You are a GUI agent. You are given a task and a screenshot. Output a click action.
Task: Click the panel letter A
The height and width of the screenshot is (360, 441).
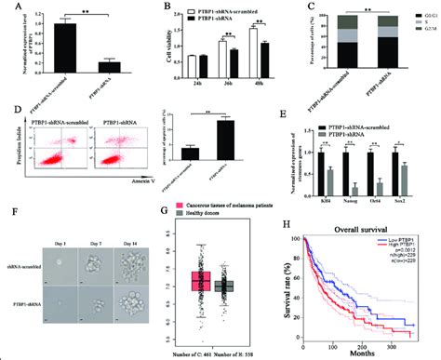[8, 7]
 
